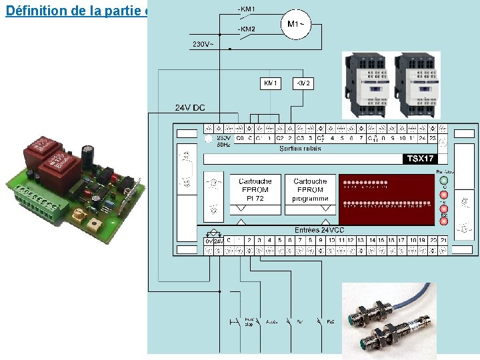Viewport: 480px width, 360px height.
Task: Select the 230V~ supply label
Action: pyautogui.click(x=204, y=44)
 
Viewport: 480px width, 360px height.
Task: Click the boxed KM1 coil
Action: pyautogui.click(x=270, y=83)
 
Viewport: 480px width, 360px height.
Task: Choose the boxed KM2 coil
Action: pyautogui.click(x=303, y=83)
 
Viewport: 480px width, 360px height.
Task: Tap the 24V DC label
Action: pyautogui.click(x=190, y=108)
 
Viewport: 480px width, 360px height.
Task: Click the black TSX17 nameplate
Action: pyautogui.click(x=421, y=159)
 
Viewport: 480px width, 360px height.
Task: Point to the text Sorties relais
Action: pyautogui.click(x=300, y=149)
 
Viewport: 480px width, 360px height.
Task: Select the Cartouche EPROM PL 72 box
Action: pyautogui.click(x=255, y=194)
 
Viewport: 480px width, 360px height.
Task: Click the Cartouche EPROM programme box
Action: pyautogui.click(x=310, y=194)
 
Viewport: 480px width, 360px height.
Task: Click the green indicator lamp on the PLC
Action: pyautogui.click(x=443, y=181)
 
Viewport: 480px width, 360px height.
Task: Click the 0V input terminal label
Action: pyautogui.click(x=209, y=240)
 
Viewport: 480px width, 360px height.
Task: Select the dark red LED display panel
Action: pyautogui.click(x=387, y=194)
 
